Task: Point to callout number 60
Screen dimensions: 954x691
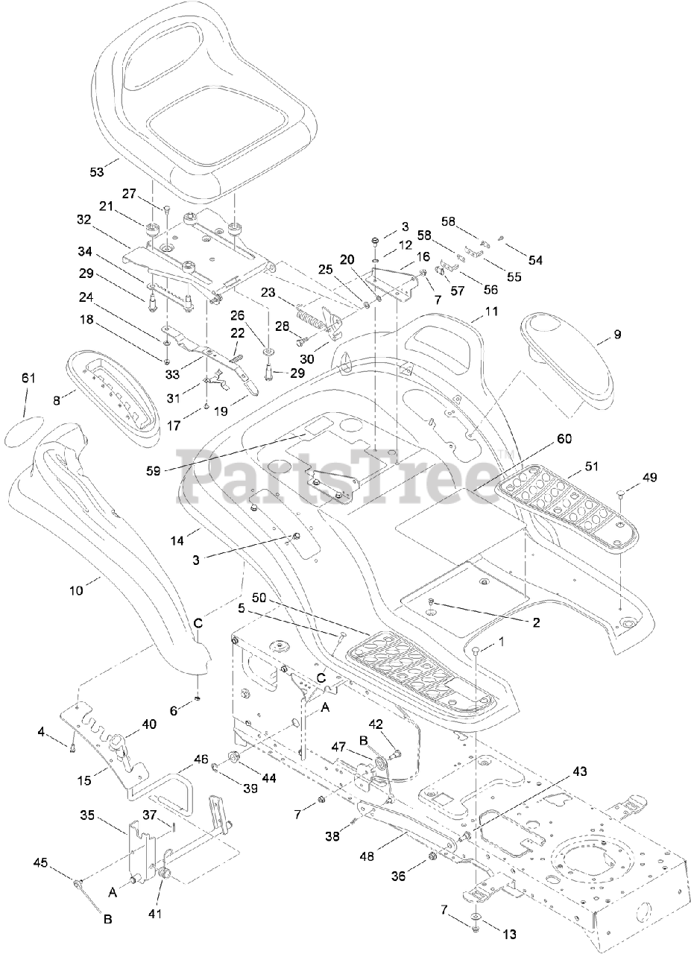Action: coord(564,439)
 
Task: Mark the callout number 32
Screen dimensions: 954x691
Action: coord(83,219)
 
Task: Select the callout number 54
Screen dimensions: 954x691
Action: coord(536,260)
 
